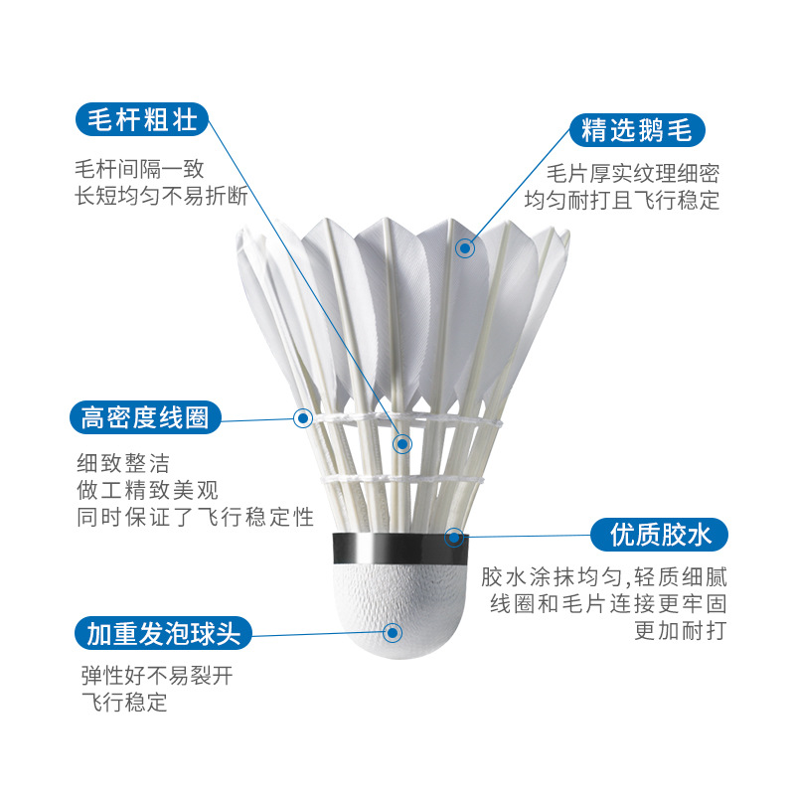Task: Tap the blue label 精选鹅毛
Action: point(637,130)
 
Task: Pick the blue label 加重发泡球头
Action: point(163,632)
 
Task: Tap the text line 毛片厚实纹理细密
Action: point(633,173)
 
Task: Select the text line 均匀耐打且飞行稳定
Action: point(622,200)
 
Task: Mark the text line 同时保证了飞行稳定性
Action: point(195,517)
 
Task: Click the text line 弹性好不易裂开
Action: point(156,678)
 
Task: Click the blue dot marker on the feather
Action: point(464,248)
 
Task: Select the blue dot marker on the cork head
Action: point(393,631)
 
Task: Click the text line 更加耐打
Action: point(681,631)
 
